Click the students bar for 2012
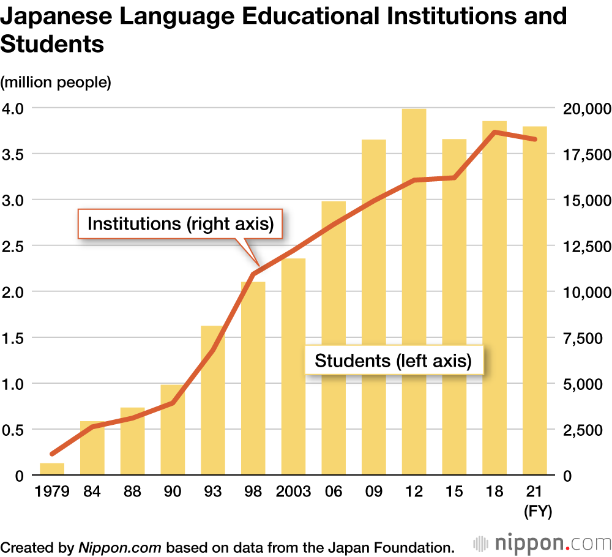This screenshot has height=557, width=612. tap(414, 294)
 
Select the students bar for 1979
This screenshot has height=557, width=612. tap(52, 469)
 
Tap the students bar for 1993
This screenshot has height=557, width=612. tap(213, 401)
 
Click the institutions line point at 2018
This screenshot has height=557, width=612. tap(494, 132)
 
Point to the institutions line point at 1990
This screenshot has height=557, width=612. tap(173, 403)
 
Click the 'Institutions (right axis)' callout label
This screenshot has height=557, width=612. tap(181, 223)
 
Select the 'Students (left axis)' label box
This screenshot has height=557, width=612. tap(394, 361)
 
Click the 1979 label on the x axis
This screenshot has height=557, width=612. tap(52, 492)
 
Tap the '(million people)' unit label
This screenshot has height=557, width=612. tap(56, 82)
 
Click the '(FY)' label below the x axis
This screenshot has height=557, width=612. tap(538, 512)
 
